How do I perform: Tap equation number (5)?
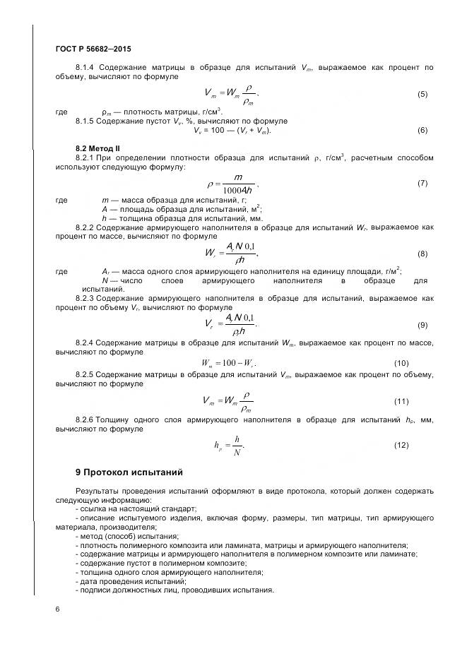coord(422,94)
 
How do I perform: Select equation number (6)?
coord(422,130)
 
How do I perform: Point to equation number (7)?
coord(422,184)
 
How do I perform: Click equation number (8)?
coord(422,253)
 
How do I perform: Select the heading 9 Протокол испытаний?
coord(119,471)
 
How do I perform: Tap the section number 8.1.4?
coord(85,67)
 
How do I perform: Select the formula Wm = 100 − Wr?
coord(228,363)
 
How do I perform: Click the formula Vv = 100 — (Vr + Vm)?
coord(232,130)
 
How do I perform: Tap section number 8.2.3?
coord(85,299)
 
